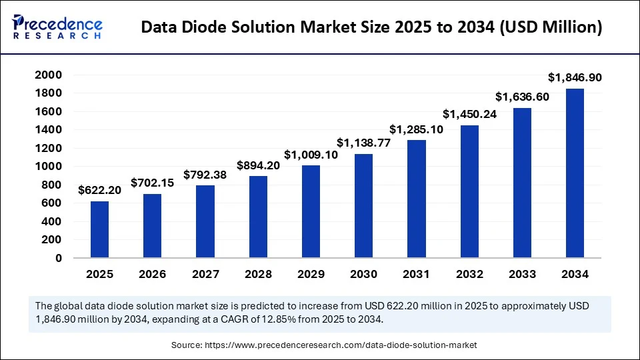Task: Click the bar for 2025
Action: tap(99, 229)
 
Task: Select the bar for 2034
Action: tap(575, 173)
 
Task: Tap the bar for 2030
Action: tap(363, 206)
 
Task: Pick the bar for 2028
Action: tap(258, 217)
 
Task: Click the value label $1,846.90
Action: tap(575, 78)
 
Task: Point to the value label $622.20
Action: tap(99, 190)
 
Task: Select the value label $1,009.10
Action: tap(311, 155)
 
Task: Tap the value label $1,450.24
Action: tap(469, 114)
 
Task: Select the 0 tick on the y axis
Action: tap(58, 258)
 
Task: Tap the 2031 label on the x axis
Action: tap(416, 274)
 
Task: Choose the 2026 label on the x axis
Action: tap(152, 274)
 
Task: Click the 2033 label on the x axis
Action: tap(522, 274)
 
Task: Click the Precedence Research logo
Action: tap(57, 27)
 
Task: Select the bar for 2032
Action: tap(469, 191)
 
